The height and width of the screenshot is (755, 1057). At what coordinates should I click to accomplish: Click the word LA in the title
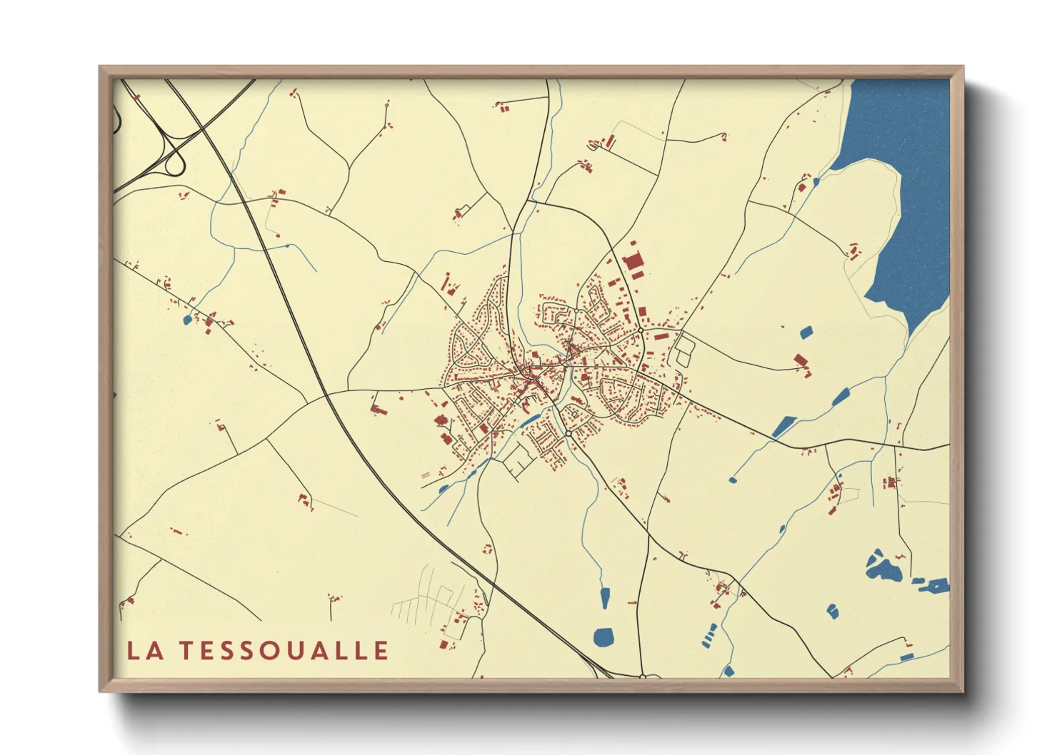(143, 650)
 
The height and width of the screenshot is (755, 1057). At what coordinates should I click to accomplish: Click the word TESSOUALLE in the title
(284, 650)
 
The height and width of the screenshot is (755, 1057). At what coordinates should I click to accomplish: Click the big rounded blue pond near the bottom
(604, 637)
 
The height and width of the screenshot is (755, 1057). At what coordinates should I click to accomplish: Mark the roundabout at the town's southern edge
(568, 433)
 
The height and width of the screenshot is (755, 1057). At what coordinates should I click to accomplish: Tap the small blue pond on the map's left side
(188, 320)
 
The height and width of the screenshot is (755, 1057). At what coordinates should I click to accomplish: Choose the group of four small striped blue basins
(710, 634)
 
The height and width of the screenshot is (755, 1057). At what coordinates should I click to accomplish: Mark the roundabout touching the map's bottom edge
(643, 676)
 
